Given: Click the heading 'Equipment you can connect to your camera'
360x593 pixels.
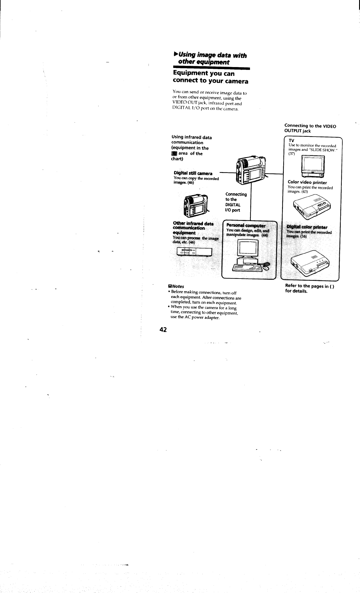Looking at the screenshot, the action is (210, 77).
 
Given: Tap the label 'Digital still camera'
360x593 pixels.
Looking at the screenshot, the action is (193, 173).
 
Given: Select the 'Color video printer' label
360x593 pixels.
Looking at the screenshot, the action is (307, 183).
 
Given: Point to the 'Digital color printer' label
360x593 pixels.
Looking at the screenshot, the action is (307, 227).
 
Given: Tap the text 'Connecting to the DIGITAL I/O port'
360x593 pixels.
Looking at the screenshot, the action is (236, 202).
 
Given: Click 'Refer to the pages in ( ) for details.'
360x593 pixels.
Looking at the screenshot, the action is (309, 289).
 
